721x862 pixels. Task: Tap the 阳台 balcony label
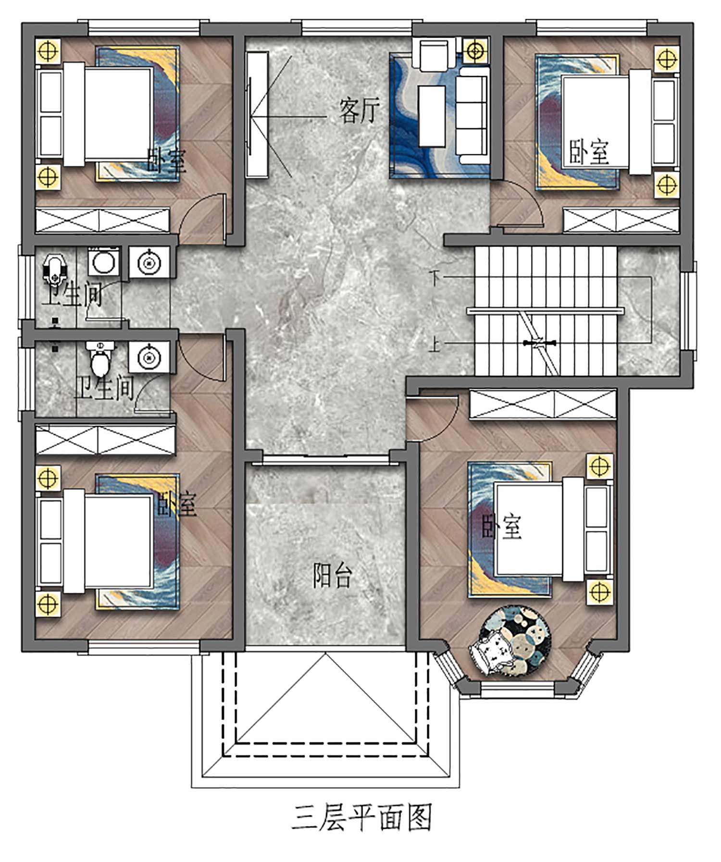tap(333, 575)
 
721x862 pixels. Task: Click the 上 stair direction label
tap(435, 344)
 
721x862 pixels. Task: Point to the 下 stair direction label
tap(435, 278)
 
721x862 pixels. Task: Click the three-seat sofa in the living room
tap(473, 116)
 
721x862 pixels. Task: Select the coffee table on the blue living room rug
tap(432, 116)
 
